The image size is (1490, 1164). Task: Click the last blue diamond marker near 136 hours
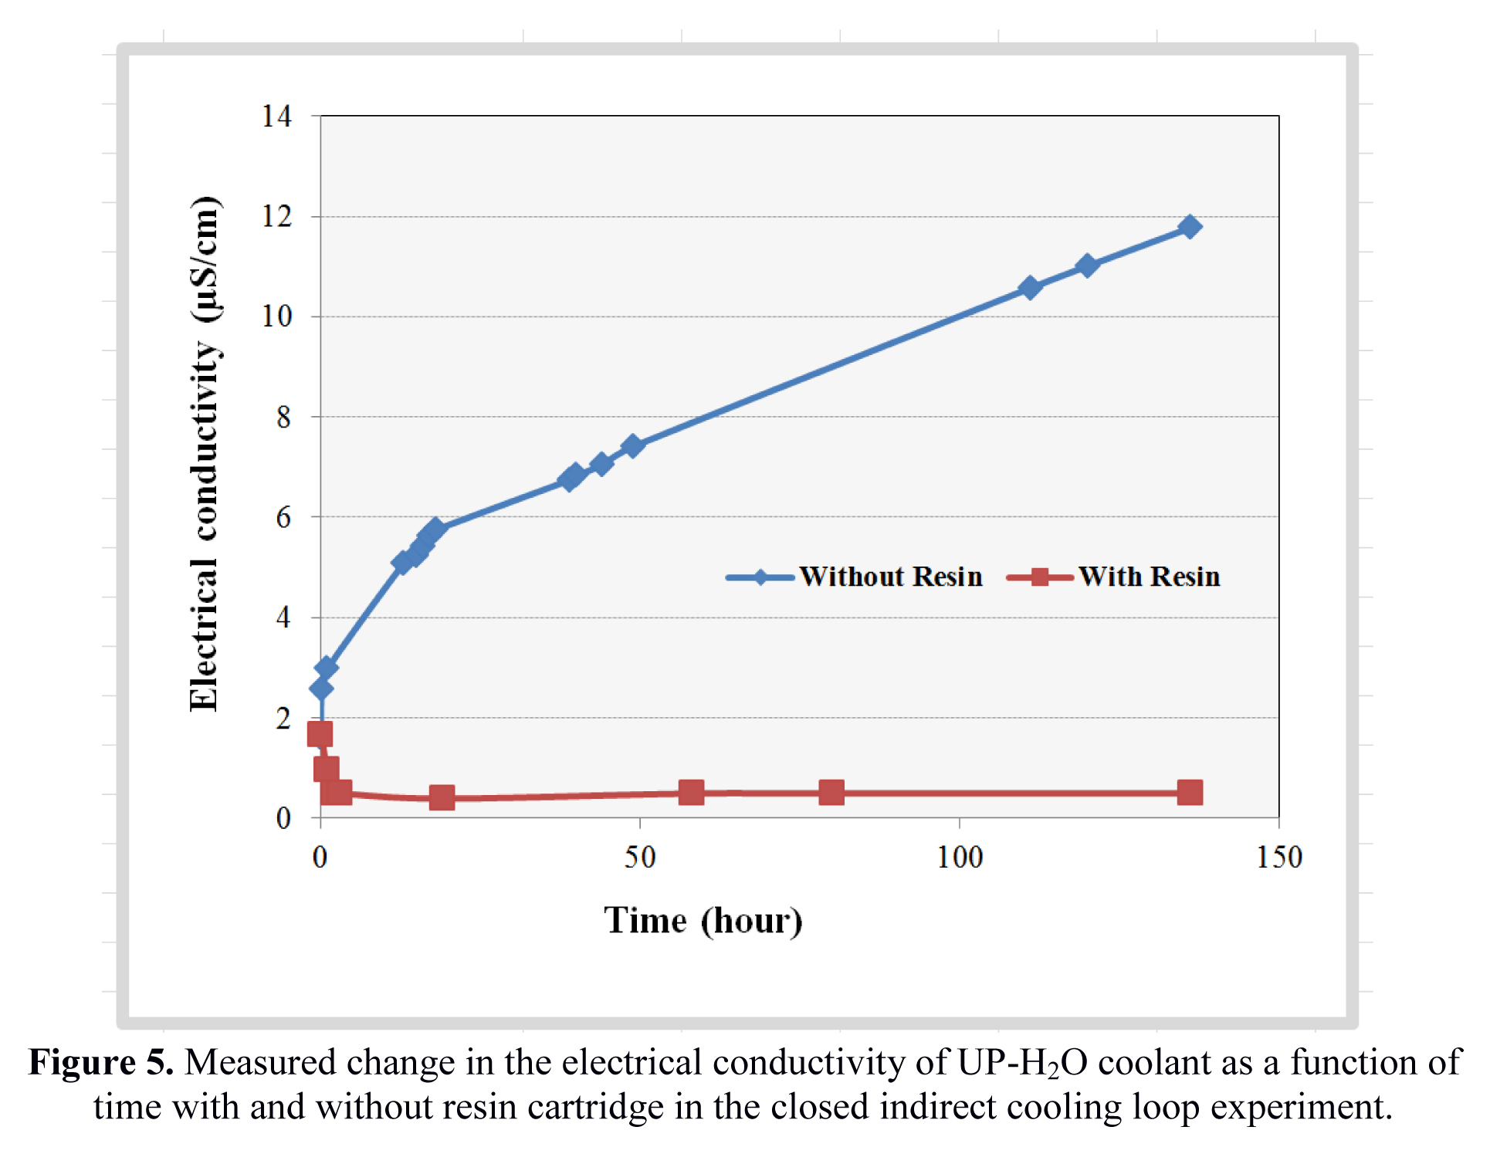point(1190,227)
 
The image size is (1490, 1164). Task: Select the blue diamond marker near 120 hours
point(1087,266)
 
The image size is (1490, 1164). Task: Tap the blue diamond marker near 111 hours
point(1029,288)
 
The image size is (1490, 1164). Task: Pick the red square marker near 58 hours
point(691,793)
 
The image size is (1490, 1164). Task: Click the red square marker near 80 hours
point(831,793)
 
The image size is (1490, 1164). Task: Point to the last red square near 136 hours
point(1190,793)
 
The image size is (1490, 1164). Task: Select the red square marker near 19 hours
point(442,797)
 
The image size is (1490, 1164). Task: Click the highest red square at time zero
point(320,734)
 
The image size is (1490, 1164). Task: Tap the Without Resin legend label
point(890,577)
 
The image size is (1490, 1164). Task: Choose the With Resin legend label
point(1149,577)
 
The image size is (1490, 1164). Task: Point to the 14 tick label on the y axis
point(276,117)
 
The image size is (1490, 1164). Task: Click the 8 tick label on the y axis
point(283,418)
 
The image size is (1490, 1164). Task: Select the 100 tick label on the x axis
point(959,858)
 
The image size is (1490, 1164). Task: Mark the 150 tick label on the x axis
point(1278,858)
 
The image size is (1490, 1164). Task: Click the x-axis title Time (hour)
point(703,921)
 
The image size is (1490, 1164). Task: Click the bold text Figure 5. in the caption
point(100,1063)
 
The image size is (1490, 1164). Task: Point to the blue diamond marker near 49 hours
point(632,446)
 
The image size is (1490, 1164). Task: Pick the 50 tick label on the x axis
point(639,858)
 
